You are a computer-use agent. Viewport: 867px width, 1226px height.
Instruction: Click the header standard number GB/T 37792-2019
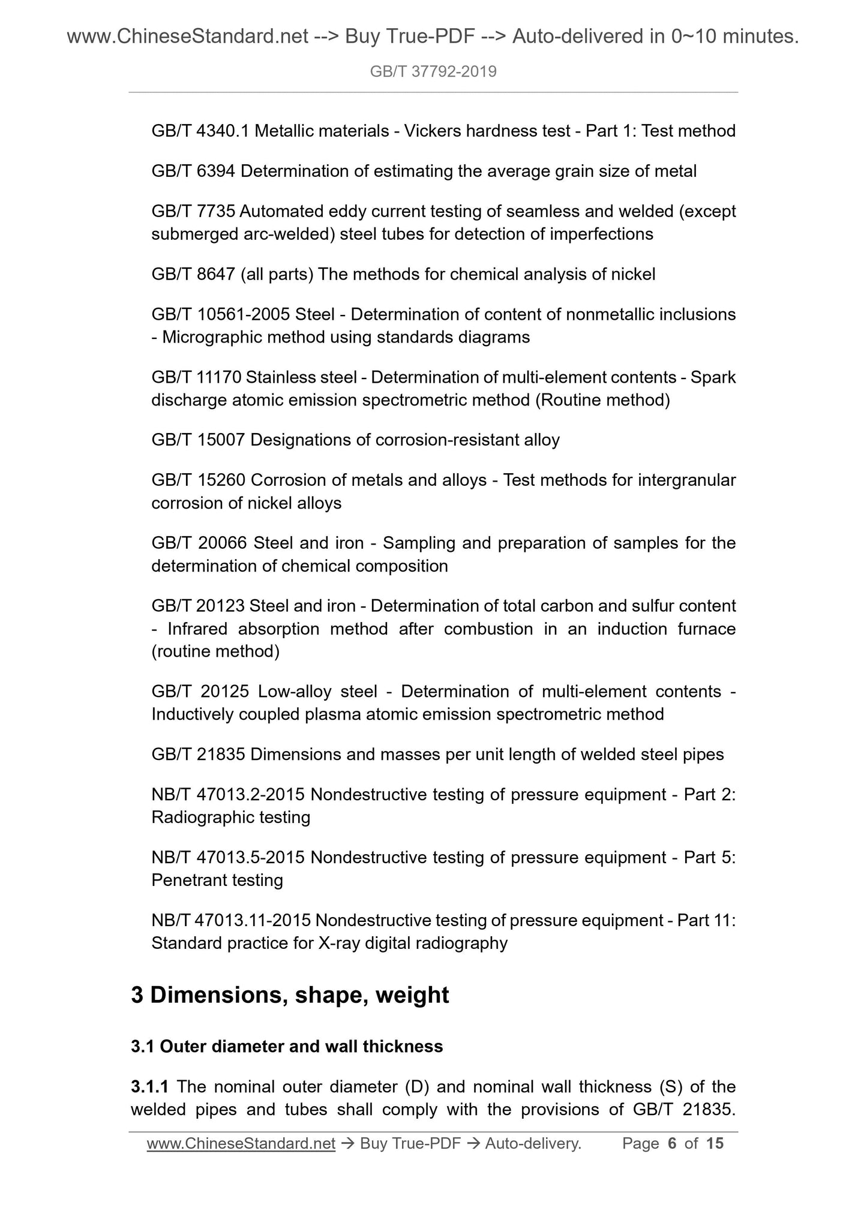coord(433,72)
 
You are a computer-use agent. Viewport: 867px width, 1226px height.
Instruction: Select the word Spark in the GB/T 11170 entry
coord(713,377)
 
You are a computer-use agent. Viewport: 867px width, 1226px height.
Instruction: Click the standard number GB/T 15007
coord(198,440)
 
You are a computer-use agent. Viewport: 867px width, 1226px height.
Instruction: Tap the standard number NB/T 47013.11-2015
coord(230,921)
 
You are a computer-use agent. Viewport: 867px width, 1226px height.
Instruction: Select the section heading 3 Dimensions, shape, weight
coord(290,995)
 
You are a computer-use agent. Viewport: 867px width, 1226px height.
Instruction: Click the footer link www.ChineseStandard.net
coord(241,1144)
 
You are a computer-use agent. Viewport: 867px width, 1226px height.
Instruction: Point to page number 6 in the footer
coord(672,1144)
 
